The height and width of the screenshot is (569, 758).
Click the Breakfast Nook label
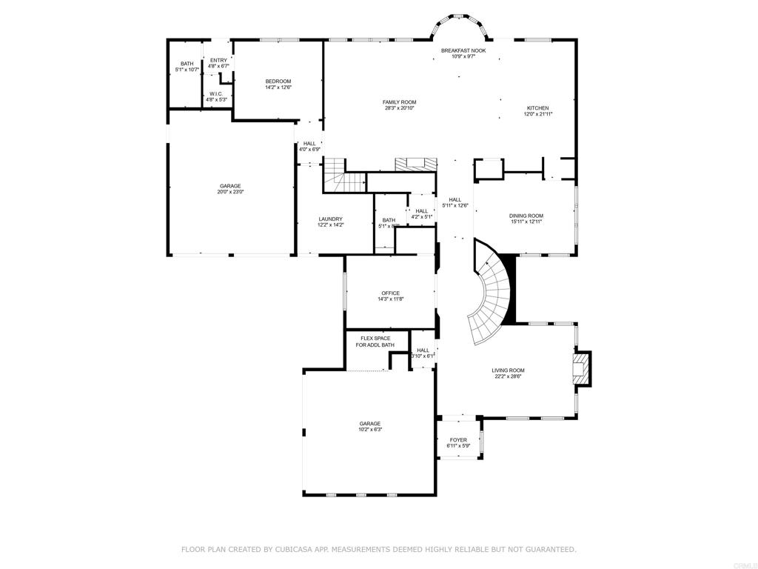click(463, 50)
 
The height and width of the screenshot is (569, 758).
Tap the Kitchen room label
click(537, 107)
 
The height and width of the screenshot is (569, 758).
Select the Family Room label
click(399, 102)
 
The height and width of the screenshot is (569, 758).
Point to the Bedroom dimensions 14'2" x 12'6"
click(278, 87)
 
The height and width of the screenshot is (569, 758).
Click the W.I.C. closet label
click(216, 94)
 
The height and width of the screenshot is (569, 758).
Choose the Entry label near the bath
click(218, 61)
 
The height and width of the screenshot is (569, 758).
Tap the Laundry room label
click(330, 219)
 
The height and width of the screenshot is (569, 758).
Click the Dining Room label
click(526, 215)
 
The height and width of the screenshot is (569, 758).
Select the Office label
click(390, 293)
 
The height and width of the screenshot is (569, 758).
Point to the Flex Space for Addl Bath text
click(375, 342)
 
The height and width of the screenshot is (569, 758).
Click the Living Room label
click(508, 370)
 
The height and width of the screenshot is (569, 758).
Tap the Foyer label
click(458, 440)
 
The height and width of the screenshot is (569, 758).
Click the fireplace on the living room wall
click(583, 368)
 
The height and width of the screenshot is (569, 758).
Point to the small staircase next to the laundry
click(344, 178)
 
